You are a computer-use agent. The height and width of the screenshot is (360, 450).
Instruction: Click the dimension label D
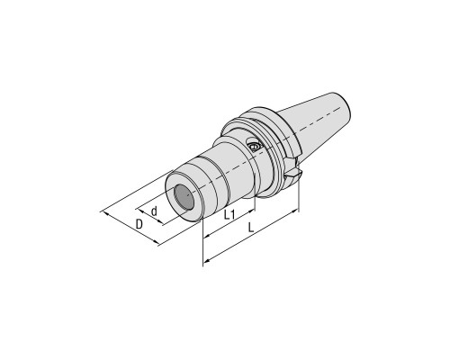coord(139,224)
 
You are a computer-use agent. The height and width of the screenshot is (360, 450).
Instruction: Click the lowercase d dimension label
coord(154,211)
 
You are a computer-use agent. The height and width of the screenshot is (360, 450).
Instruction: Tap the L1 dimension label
coord(229,214)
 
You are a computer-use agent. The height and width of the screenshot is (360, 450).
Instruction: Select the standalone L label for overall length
coord(251,228)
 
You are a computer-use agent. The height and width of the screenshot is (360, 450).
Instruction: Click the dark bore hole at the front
coord(184,198)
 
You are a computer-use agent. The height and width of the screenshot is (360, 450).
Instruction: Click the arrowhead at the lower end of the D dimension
coord(156,242)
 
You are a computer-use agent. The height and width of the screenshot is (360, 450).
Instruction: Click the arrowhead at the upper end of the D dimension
coord(104,213)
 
